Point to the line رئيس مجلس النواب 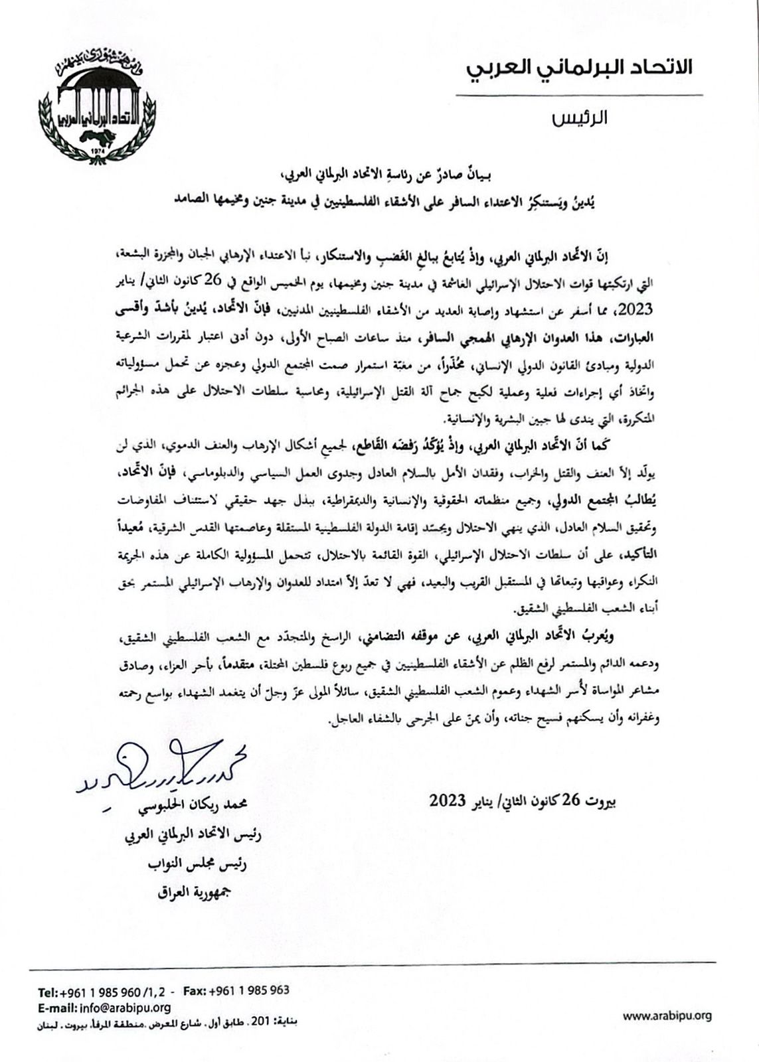[x=199, y=864]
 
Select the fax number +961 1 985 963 [x=249, y=990]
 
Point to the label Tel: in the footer [x=48, y=993]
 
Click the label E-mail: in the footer [x=56, y=1008]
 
